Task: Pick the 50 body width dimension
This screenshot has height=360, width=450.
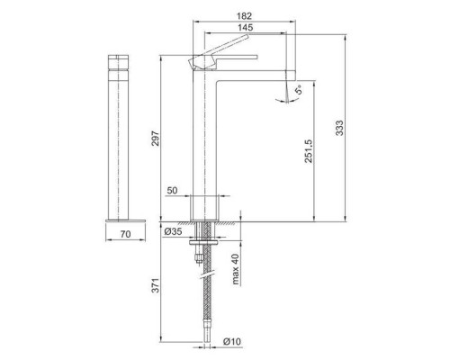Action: pos(174,191)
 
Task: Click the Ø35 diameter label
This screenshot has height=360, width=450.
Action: pos(175,232)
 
